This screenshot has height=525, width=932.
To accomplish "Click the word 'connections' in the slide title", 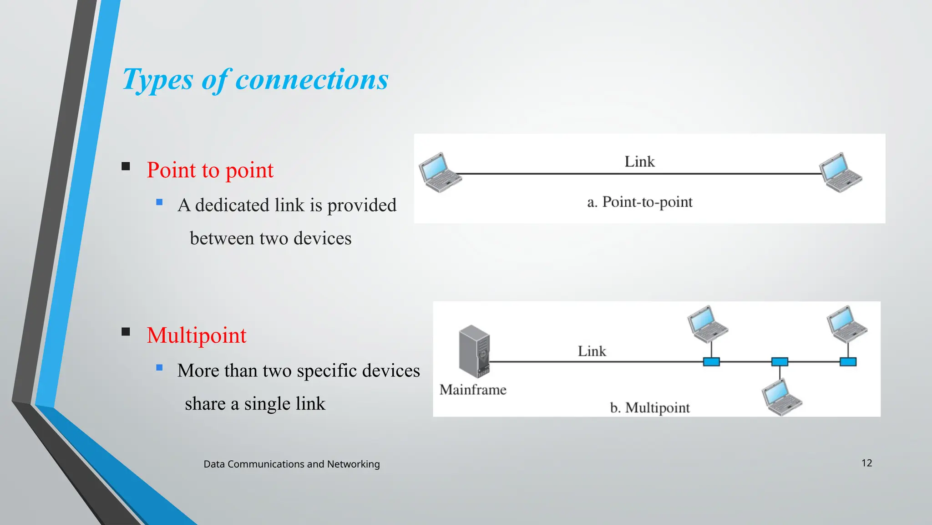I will [312, 79].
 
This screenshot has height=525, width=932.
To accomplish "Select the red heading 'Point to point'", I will [210, 170].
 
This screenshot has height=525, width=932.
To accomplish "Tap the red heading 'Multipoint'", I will [196, 335].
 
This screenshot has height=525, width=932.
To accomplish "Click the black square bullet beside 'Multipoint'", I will [126, 332].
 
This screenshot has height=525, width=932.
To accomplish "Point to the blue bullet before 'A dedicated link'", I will [159, 202].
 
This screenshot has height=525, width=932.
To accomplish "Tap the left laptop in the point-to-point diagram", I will [438, 173].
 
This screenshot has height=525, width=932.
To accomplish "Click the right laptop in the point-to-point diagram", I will [840, 173].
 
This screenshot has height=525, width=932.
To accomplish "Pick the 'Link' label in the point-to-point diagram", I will [639, 162].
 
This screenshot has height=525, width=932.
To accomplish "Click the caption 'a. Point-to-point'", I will [639, 202].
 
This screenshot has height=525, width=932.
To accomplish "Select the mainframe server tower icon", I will [474, 351].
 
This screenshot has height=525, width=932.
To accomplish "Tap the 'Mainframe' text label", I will [473, 390].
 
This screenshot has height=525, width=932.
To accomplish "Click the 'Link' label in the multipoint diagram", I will [592, 351].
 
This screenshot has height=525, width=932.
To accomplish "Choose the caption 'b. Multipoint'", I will [649, 407].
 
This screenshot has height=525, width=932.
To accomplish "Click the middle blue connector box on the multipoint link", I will [780, 362].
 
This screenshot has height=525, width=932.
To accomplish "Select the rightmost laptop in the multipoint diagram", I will [846, 324].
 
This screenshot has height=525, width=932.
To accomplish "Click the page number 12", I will [866, 463].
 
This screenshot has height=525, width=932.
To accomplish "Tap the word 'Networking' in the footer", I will [353, 464].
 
